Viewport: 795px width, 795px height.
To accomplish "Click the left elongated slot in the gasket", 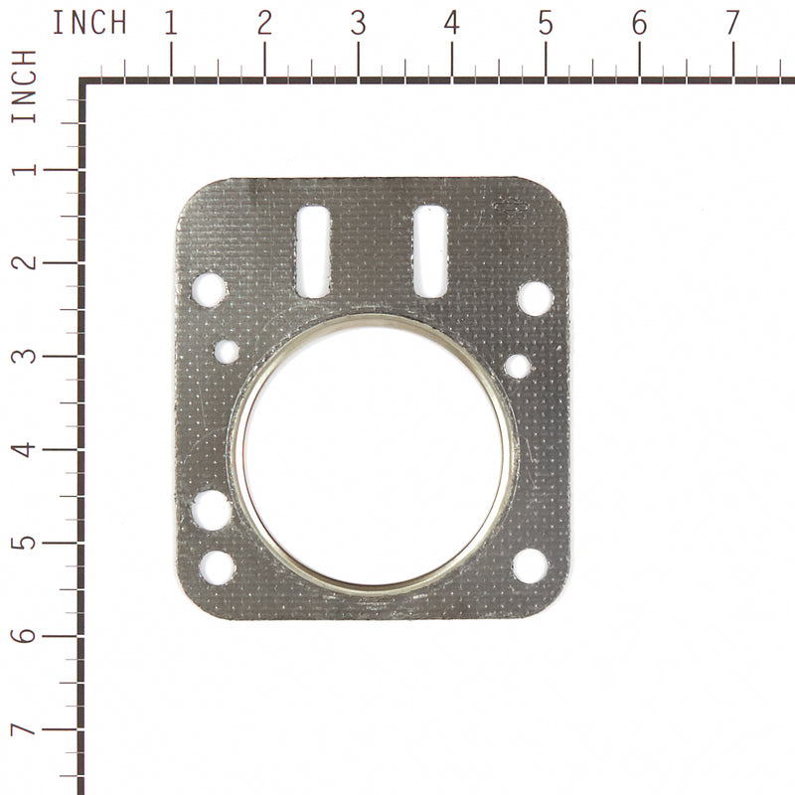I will (314, 251).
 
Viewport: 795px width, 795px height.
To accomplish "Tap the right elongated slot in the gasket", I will (430, 250).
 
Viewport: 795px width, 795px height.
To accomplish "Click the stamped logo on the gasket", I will (511, 207).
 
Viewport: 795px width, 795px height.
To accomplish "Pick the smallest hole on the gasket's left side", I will (227, 351).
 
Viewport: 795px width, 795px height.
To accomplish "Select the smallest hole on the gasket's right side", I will (517, 366).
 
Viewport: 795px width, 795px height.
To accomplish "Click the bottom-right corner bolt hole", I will (530, 564).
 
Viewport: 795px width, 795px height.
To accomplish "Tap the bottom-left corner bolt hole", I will (218, 567).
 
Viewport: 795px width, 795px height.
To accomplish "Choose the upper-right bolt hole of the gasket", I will (535, 298).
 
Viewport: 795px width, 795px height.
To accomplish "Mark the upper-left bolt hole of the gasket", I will (209, 290).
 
